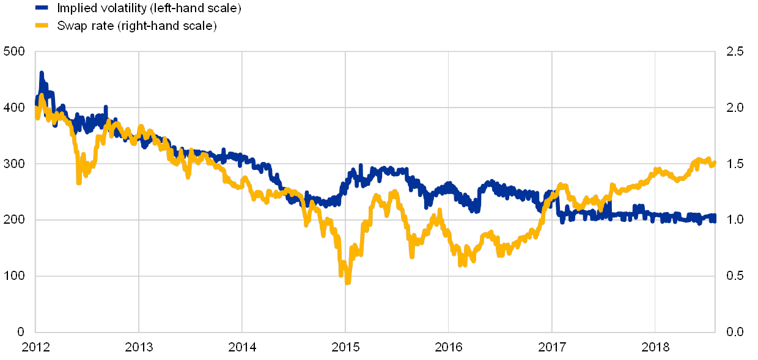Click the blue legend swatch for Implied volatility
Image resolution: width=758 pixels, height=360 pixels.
click(x=42, y=8)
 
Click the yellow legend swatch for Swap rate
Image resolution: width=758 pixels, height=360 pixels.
click(x=42, y=25)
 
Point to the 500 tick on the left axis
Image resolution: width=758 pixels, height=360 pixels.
click(x=13, y=51)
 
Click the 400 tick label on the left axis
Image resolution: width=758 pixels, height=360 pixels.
click(x=13, y=108)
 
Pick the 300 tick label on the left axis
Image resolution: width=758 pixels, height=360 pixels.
click(x=13, y=164)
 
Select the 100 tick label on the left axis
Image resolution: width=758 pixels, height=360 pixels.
click(x=13, y=276)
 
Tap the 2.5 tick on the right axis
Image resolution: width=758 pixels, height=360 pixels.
click(x=734, y=51)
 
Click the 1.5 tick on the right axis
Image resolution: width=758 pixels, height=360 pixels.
click(x=734, y=164)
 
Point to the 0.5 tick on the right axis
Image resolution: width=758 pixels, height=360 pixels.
click(x=734, y=276)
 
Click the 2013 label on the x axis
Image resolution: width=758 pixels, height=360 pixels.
click(x=139, y=347)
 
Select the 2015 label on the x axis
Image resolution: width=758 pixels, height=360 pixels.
click(x=346, y=347)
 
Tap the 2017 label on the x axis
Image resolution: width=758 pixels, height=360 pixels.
click(x=553, y=347)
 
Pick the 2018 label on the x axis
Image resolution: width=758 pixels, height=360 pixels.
click(x=656, y=347)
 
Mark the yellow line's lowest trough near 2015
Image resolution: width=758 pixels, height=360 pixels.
click(x=347, y=282)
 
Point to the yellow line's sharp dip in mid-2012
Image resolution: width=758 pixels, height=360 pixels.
click(x=79, y=181)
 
